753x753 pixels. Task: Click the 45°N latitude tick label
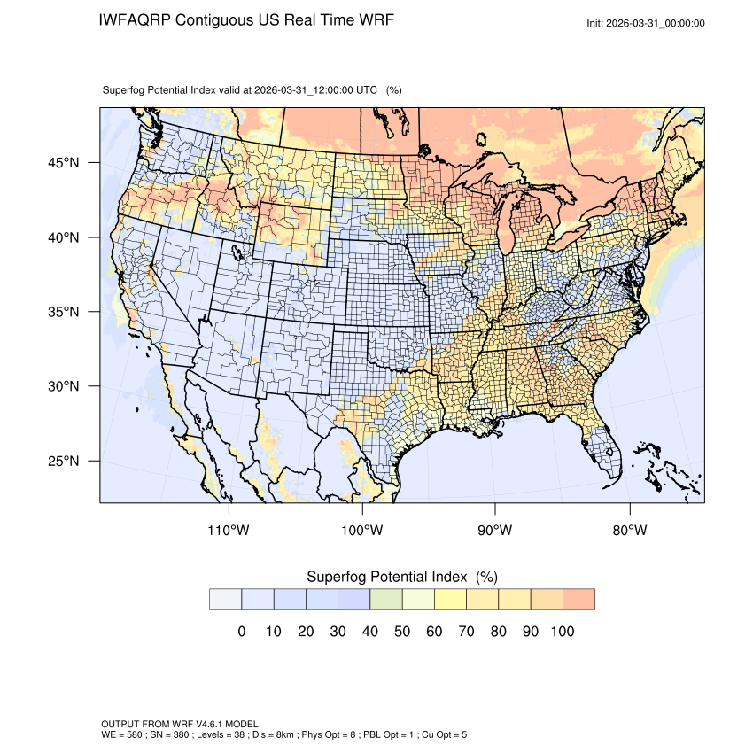tap(63, 163)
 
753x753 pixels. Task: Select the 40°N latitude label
tap(63, 237)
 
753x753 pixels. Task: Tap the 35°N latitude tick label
tap(63, 312)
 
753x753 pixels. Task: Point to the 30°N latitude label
tap(63, 386)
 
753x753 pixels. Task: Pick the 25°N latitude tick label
tap(63, 461)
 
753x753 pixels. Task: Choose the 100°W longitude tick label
tap(362, 531)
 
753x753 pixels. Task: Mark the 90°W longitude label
tap(495, 531)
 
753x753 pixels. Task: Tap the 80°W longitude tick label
tap(629, 531)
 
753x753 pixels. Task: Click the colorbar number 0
tap(241, 632)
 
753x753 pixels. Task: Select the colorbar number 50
tap(402, 632)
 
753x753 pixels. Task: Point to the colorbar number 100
tap(562, 632)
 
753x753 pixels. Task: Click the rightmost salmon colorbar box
tap(578, 600)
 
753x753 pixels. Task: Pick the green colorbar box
tap(386, 600)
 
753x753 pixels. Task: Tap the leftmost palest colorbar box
tap(225, 600)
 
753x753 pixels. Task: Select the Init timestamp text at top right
tap(645, 23)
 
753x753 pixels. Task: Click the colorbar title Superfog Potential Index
tap(389, 577)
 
